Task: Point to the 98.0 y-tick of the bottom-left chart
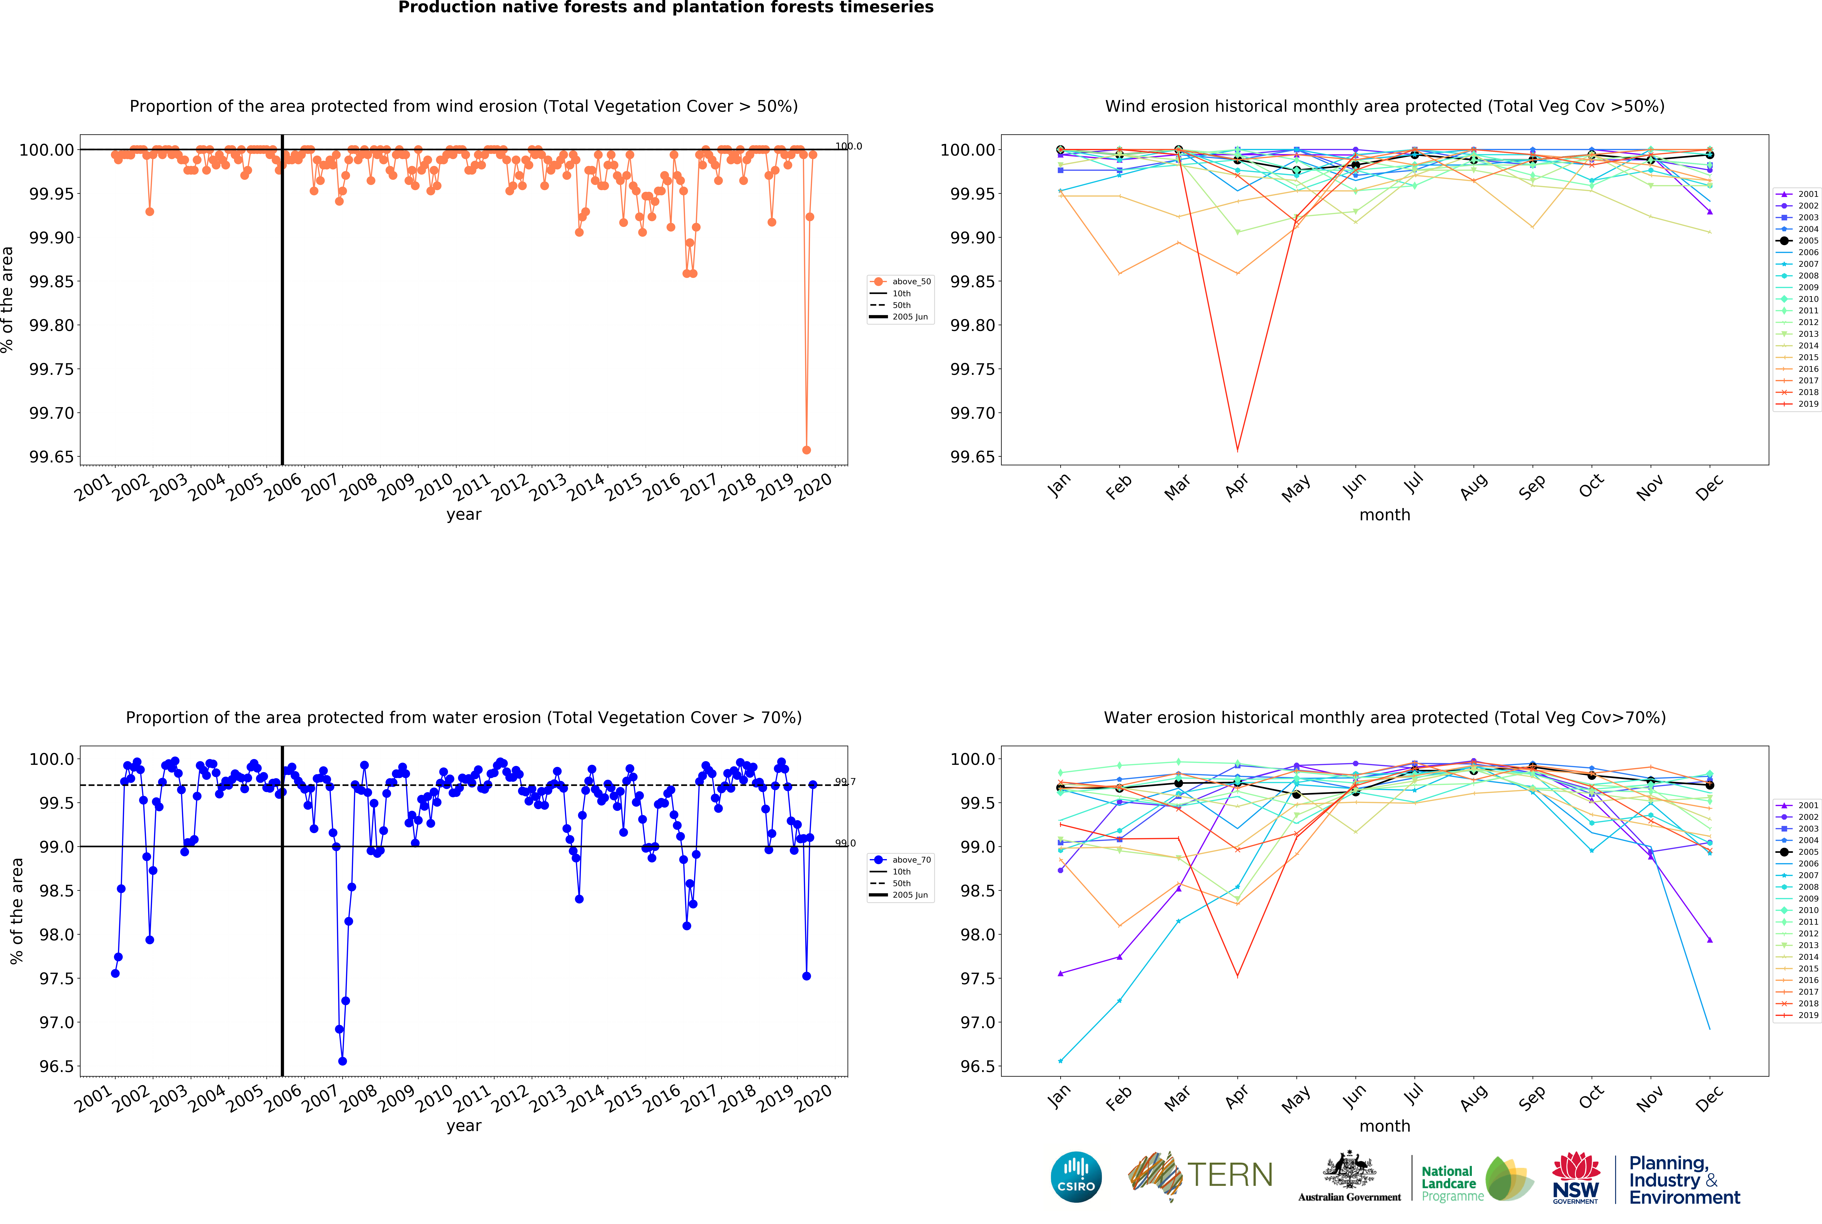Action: click(x=56, y=934)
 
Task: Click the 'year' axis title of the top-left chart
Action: click(x=464, y=514)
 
